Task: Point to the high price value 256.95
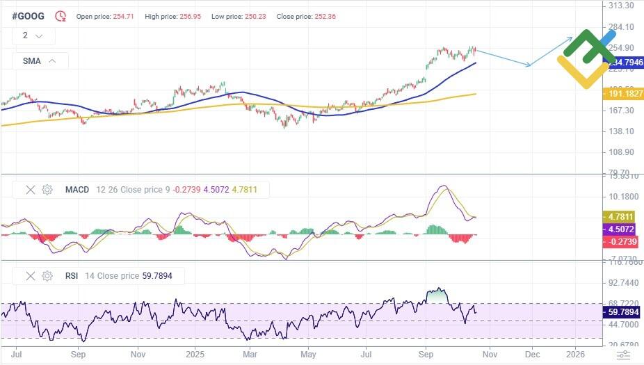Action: coord(190,16)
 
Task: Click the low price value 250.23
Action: coord(256,16)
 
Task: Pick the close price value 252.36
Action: coord(325,16)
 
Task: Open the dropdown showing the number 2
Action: coord(32,35)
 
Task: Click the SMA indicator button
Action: coord(40,61)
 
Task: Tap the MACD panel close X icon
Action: coord(30,189)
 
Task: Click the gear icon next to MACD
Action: coord(47,189)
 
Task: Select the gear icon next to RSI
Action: coord(47,276)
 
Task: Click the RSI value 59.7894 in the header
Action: coord(156,276)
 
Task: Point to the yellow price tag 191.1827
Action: coord(622,93)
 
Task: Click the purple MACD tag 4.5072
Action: coord(622,228)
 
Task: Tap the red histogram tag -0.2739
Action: coord(622,241)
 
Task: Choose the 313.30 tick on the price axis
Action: coord(620,6)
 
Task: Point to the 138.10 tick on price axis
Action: coord(620,131)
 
